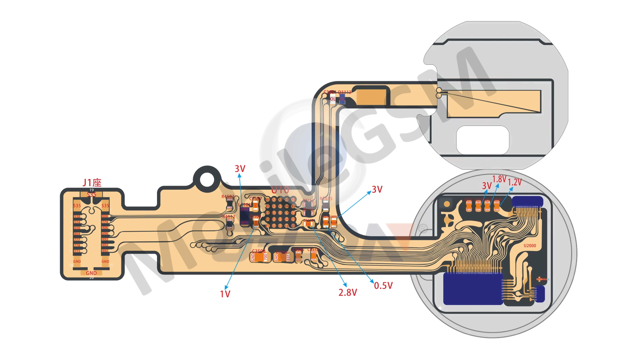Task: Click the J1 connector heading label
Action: [x=92, y=183]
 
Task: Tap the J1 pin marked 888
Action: [x=105, y=216]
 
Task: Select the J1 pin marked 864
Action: [x=77, y=234]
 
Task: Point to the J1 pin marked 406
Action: [x=105, y=228]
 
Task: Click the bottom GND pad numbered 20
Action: [x=91, y=273]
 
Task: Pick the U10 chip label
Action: [x=280, y=190]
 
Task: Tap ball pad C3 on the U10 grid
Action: [x=280, y=213]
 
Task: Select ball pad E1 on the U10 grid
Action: [x=268, y=226]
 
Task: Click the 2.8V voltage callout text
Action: [x=348, y=293]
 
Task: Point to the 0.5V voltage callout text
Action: [x=383, y=286]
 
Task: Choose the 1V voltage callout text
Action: [x=225, y=294]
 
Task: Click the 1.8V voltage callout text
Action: [x=499, y=179]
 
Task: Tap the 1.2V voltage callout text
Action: [x=515, y=182]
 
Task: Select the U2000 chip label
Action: [x=530, y=246]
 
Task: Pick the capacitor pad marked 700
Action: [x=265, y=257]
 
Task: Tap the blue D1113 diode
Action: [x=342, y=99]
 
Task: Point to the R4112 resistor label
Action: [x=229, y=217]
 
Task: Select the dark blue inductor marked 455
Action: [x=245, y=216]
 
